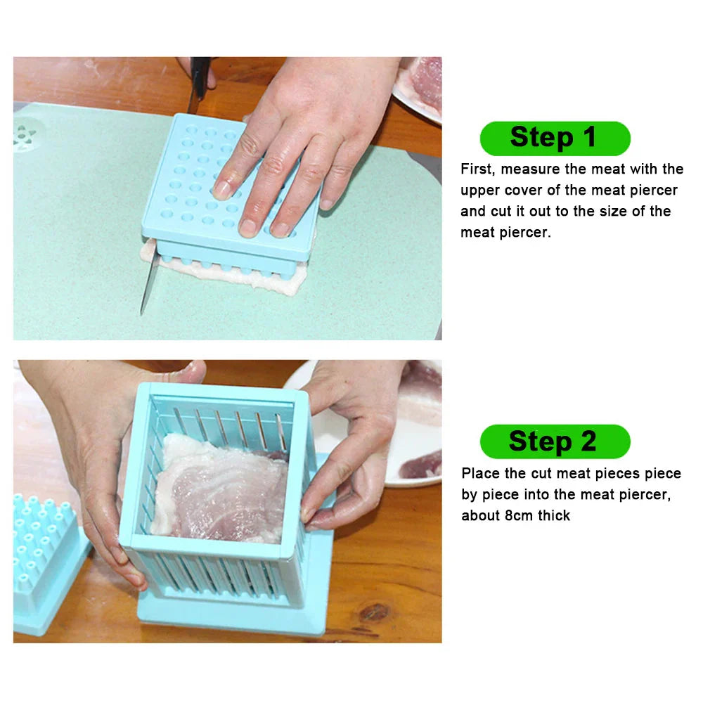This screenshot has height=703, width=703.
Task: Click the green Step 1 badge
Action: tap(554, 138)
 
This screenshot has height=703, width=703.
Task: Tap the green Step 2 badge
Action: tap(554, 442)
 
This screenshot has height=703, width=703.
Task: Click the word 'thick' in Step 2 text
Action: tap(555, 516)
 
